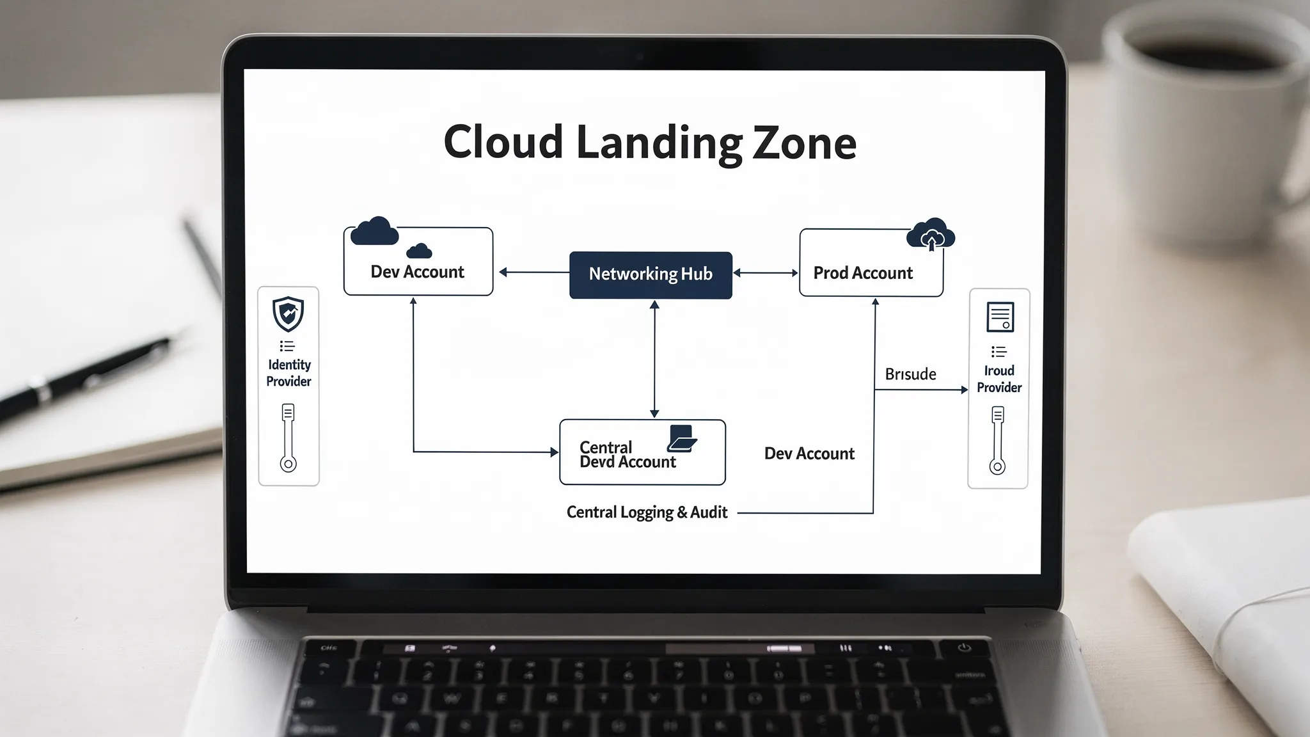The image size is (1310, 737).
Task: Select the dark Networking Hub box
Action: [651, 274]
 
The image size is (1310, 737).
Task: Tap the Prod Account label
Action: [863, 273]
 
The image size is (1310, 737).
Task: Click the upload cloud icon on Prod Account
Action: [931, 235]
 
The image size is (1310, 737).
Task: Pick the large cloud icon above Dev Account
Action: [375, 232]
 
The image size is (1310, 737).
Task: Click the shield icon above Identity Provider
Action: [288, 313]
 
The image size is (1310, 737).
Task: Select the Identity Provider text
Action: [288, 373]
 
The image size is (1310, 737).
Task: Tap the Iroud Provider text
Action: [998, 379]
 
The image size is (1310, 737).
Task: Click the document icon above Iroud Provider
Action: [1000, 317]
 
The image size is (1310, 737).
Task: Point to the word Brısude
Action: [910, 374]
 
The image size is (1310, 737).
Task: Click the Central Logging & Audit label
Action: [647, 512]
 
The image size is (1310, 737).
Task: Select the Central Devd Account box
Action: [642, 453]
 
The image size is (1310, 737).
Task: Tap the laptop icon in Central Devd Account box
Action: [682, 438]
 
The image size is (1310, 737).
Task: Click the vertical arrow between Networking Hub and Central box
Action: [654, 359]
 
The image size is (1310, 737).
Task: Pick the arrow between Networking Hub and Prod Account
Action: [766, 273]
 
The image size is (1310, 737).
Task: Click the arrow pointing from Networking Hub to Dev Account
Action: [533, 273]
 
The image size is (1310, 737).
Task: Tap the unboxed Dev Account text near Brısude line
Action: [809, 454]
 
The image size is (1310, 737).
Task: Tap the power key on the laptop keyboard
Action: [964, 648]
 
